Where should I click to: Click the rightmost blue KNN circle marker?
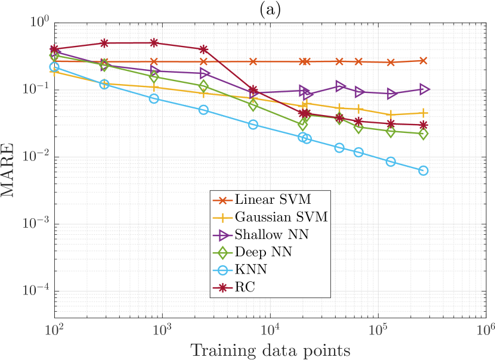coord(423,170)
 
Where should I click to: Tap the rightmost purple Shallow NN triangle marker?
coord(424,89)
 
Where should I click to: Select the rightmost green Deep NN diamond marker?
coord(423,134)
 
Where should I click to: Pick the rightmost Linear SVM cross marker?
coord(423,60)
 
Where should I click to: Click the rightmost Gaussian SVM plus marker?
coord(423,113)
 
